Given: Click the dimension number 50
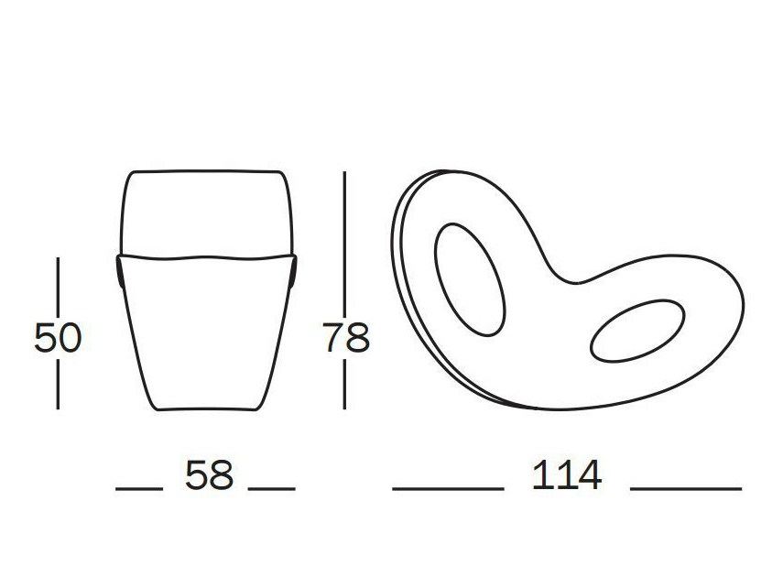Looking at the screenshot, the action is [x=58, y=337].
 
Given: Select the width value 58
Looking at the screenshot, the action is [x=209, y=474].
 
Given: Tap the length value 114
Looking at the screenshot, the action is [x=567, y=474].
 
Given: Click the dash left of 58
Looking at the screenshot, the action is [x=139, y=488].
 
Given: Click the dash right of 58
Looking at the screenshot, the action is [x=272, y=488].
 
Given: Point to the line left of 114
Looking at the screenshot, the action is [x=448, y=488].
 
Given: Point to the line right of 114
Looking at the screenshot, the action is [x=686, y=488].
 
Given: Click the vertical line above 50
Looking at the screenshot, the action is [x=58, y=287].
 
